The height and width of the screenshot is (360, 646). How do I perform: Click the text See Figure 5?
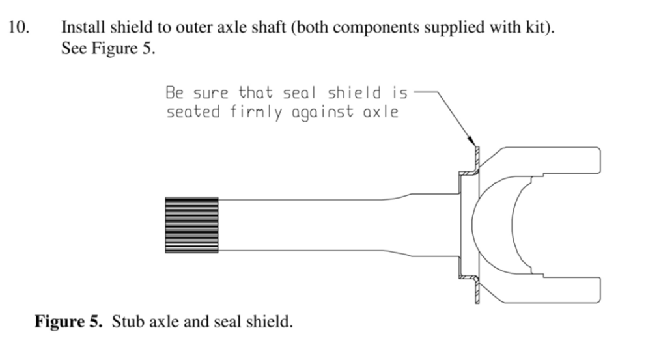[x=108, y=49]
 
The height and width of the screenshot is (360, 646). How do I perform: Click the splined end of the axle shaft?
[x=191, y=225]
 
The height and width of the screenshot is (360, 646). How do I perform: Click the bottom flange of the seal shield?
[x=477, y=290]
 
